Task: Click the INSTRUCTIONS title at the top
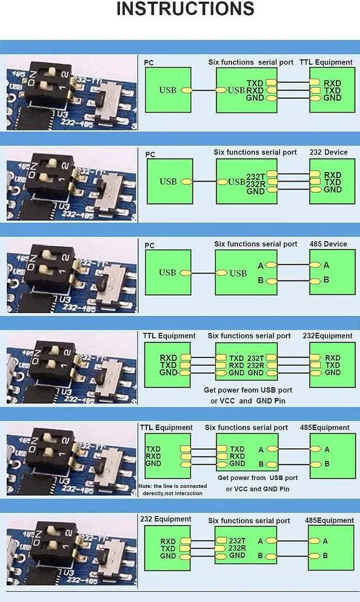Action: (185, 10)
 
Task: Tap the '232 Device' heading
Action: (328, 152)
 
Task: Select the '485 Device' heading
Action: (328, 244)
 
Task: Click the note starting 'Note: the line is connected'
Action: (173, 489)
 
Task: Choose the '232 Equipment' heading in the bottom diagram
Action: (165, 519)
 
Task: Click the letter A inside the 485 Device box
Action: (326, 265)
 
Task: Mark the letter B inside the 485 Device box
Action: (326, 280)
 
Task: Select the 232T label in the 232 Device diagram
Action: (255, 176)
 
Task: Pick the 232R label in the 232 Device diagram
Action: (255, 183)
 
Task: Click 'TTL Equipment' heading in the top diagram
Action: (326, 62)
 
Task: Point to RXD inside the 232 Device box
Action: (332, 175)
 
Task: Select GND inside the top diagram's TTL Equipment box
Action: (332, 98)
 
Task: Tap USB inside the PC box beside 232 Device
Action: (168, 182)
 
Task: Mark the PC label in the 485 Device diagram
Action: (150, 246)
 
